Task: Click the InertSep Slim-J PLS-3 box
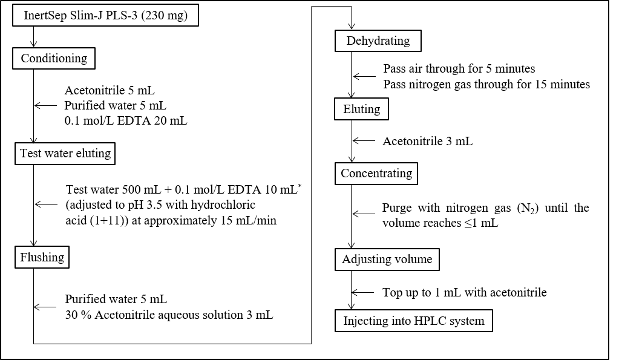pos(105,16)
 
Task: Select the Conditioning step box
pos(54,58)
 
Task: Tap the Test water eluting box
pos(65,154)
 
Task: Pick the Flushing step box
pos(42,257)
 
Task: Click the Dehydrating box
pos(378,41)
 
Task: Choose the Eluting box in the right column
pos(361,109)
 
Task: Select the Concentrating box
pos(376,174)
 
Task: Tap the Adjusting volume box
pos(387,260)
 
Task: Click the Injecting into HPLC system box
pos(414,321)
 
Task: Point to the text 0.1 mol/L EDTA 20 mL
pos(125,120)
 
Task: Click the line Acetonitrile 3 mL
pos(428,141)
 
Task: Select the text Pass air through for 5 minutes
pos(459,68)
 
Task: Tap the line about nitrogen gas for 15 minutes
pos(486,85)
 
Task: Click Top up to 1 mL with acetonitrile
pos(465,293)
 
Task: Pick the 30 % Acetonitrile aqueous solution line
pos(169,315)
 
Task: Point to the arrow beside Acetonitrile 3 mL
pos(364,140)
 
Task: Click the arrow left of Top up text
pos(362,293)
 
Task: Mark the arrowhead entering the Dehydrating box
pos(352,26)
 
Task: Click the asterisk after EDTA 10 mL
pos(300,186)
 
